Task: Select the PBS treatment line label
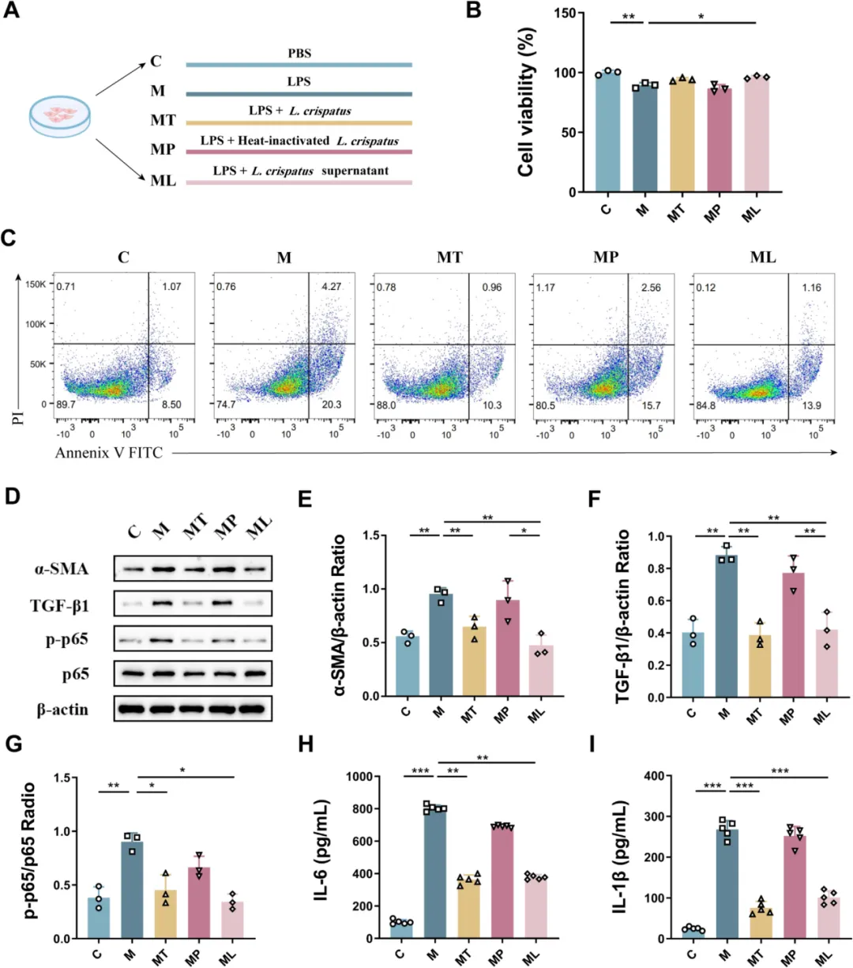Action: coord(299,54)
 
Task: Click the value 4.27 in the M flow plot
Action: coord(332,286)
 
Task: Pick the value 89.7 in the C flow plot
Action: coord(66,405)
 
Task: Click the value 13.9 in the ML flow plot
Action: coord(811,405)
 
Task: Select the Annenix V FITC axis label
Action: coord(109,453)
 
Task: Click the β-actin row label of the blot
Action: coord(62,710)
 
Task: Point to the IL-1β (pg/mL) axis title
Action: coord(621,857)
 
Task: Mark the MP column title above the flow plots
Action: coord(606,258)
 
